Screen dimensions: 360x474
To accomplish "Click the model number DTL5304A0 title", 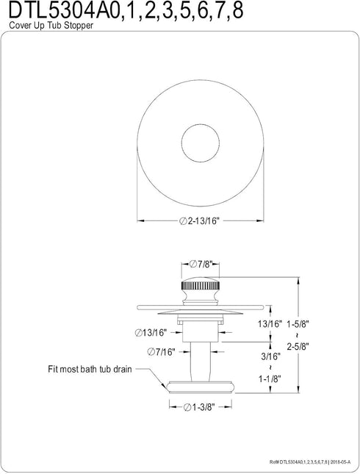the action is (126, 11).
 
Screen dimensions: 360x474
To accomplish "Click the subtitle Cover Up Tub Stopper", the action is (51, 26).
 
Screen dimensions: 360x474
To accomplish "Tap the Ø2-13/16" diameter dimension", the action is (198, 221).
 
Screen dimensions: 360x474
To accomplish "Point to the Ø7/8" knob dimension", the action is (201, 265).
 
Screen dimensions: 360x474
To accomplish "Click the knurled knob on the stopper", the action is (201, 286).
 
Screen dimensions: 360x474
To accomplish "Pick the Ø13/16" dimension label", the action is (151, 333).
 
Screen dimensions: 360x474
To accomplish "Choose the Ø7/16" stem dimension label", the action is (162, 352).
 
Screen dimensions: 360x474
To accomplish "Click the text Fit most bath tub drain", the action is (90, 369).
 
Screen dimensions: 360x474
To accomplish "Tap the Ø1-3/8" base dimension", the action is (199, 407).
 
